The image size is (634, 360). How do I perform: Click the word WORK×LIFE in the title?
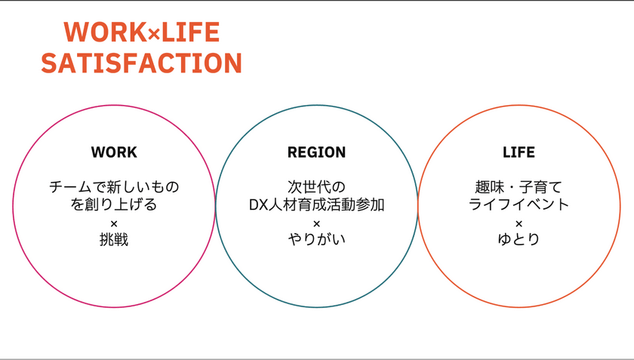click(x=142, y=32)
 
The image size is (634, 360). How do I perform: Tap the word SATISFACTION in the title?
click(x=142, y=63)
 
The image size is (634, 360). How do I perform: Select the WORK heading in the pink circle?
click(x=114, y=152)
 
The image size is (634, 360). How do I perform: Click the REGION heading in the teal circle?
click(x=316, y=152)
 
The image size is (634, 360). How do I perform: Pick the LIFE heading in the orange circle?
click(x=519, y=152)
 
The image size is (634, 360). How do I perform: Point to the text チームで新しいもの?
click(x=114, y=186)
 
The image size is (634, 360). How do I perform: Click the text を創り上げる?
click(x=114, y=205)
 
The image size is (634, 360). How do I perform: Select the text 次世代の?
click(x=316, y=186)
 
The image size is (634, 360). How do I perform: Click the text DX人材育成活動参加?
click(x=316, y=205)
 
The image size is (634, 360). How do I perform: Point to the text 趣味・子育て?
click(x=519, y=186)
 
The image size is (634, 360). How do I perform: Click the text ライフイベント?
click(x=519, y=205)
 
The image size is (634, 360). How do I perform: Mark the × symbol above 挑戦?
click(x=114, y=223)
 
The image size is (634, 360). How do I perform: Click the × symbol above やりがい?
click(x=316, y=223)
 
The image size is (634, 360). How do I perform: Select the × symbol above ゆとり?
click(x=519, y=223)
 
